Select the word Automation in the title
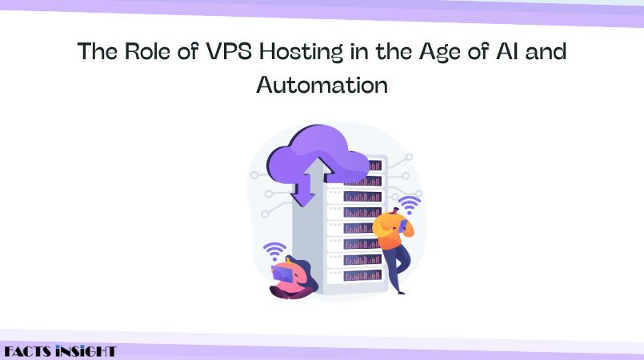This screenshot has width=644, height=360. tap(322, 85)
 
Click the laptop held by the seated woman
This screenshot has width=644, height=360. tap(282, 274)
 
